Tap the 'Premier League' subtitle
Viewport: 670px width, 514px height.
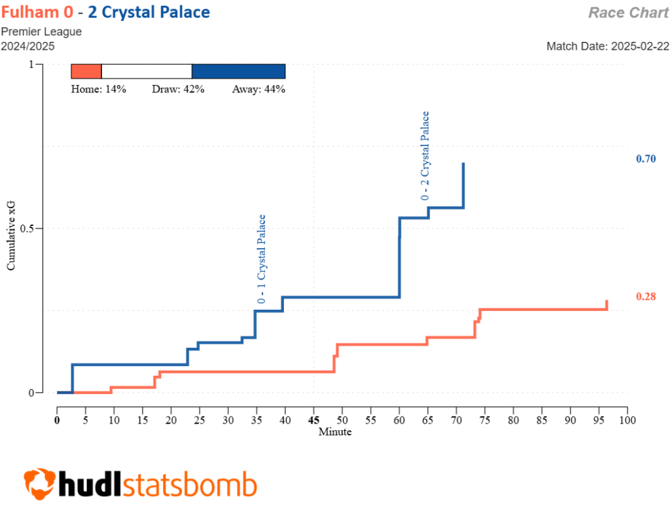point(41,31)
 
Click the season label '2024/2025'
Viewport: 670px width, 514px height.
point(27,46)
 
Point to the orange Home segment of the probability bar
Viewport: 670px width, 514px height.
point(86,71)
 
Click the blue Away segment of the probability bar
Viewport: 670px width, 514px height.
point(238,71)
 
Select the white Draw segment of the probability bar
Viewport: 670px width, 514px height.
point(147,71)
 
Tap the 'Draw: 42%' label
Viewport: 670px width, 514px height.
point(178,90)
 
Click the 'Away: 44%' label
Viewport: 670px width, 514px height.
point(258,90)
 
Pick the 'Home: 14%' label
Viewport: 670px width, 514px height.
point(98,90)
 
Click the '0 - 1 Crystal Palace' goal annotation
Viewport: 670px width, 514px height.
point(262,259)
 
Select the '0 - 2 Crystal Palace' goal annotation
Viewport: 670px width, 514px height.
point(425,156)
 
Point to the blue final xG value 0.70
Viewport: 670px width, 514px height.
point(645,159)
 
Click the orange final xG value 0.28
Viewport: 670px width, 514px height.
point(645,297)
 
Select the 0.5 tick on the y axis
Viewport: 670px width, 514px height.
point(28,229)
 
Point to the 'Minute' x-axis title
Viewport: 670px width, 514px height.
point(335,432)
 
